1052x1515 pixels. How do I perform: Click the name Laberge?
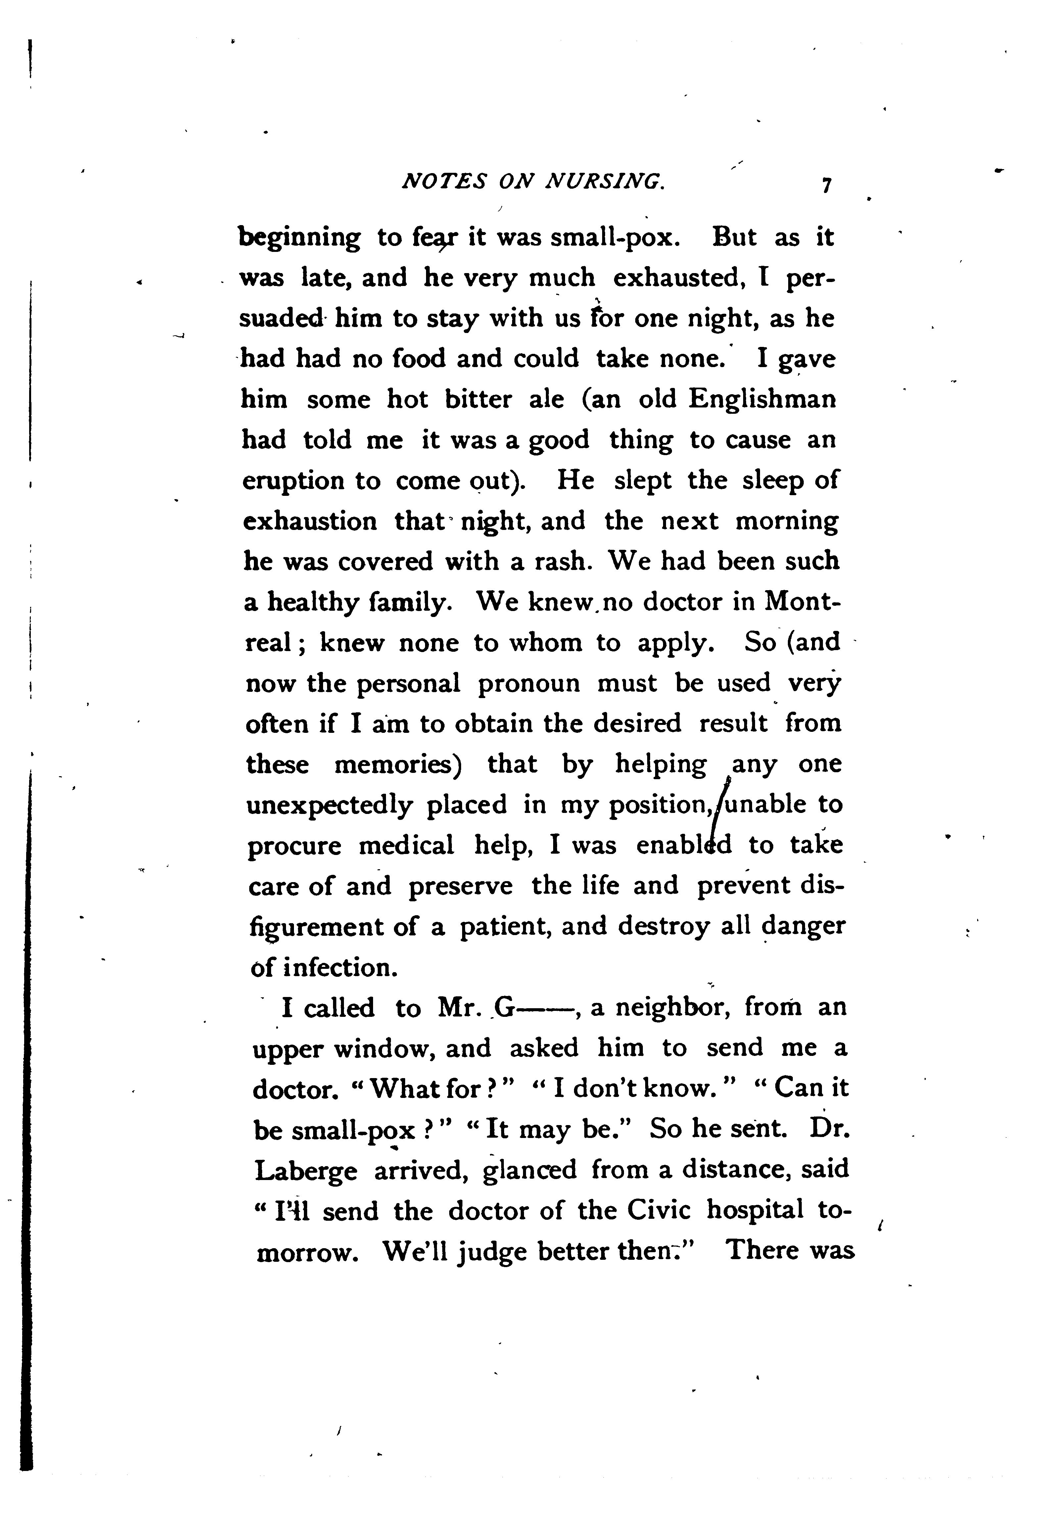(x=306, y=1171)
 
